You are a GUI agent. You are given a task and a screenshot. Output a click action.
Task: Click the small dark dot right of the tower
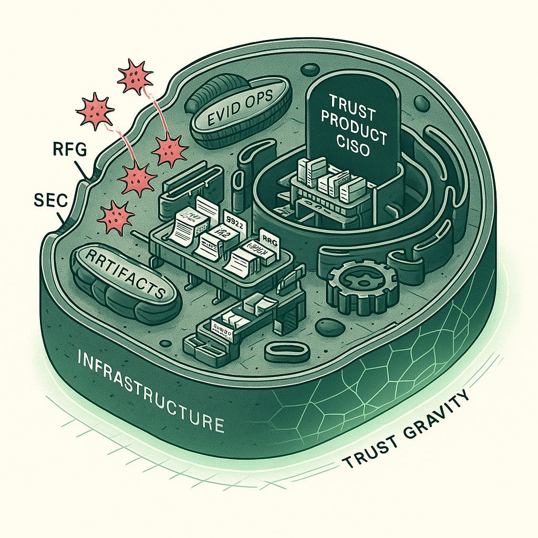[x=420, y=101]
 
